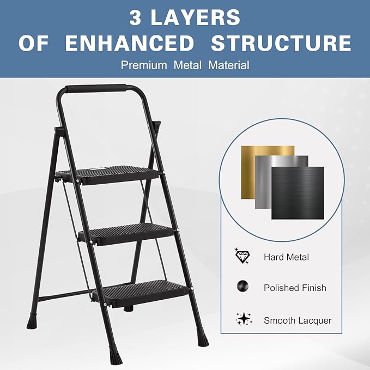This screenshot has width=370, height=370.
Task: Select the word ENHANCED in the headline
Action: pyautogui.click(x=130, y=43)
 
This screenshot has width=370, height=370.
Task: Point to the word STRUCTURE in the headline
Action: pyautogui.click(x=281, y=43)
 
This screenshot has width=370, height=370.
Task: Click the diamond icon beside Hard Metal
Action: pyautogui.click(x=241, y=256)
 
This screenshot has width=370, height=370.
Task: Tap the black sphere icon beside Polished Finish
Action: pyautogui.click(x=241, y=287)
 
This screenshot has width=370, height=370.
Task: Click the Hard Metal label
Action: pyautogui.click(x=286, y=257)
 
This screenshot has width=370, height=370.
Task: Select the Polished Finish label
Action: pyautogui.click(x=294, y=288)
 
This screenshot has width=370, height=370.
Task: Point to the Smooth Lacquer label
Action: pyautogui.click(x=298, y=320)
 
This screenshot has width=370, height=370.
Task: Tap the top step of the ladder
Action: pyautogui.click(x=109, y=174)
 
